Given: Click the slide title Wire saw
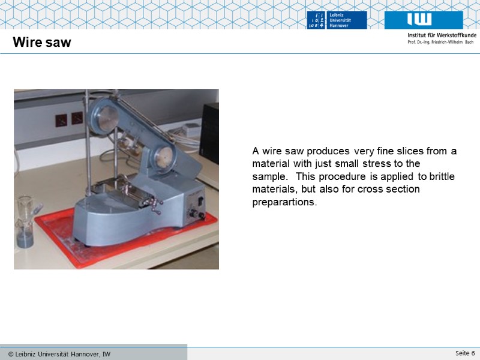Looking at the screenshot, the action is pos(42,42).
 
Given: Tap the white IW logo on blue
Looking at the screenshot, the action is pos(419,19).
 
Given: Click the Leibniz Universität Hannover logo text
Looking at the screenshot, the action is pos(340,20).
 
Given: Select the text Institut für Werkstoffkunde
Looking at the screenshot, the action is pos(442,35).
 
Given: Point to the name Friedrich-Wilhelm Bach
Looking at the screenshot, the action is pos(452,42).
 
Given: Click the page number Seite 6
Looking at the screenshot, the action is pos(465,353).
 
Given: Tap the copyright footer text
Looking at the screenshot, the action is pos(59,354).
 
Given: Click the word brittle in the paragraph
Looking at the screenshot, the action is pos(442,176).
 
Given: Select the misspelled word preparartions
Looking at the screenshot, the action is pos(284,202).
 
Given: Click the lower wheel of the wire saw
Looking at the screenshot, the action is pos(164,157).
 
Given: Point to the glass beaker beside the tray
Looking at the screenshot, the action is pos(26,221).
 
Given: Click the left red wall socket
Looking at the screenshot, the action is pos(61,121).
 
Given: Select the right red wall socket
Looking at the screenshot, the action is pos(77,118).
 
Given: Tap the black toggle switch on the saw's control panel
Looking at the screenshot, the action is pos(200,201).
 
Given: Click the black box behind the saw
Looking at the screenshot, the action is pos(209,133).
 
